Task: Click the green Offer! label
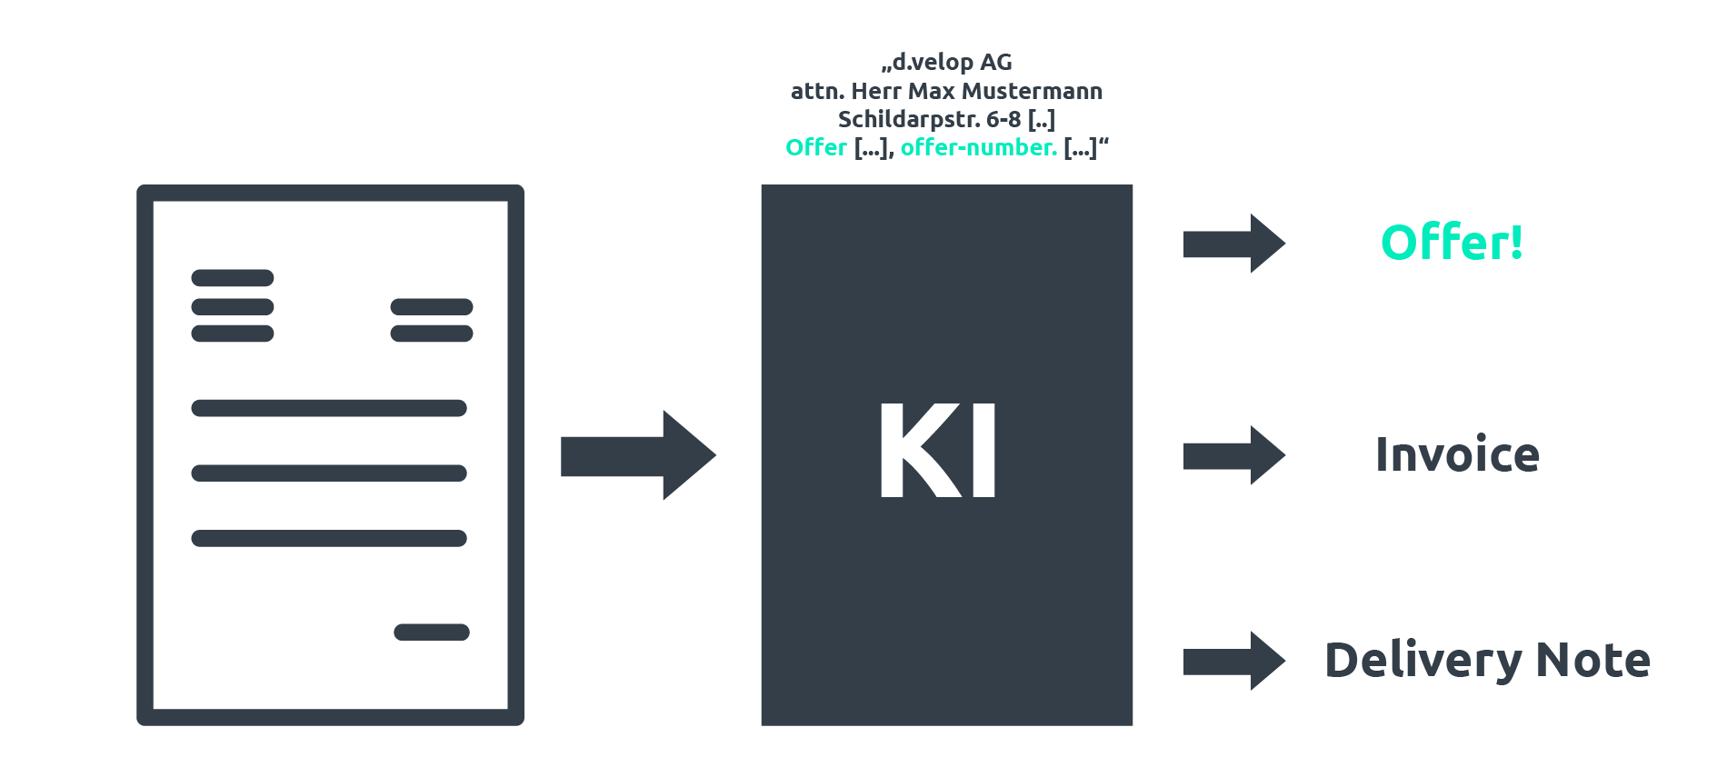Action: click(x=1452, y=243)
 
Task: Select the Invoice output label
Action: click(x=1457, y=454)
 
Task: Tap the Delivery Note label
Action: click(x=1487, y=661)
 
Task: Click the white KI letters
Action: click(x=938, y=451)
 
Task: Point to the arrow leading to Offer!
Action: click(x=1234, y=244)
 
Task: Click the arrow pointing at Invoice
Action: click(x=1234, y=455)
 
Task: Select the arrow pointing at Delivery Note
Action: click(x=1234, y=661)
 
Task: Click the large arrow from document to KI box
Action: click(x=638, y=455)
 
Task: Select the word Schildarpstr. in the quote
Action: click(x=909, y=120)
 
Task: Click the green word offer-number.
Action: click(x=979, y=147)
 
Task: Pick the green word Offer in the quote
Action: click(x=816, y=147)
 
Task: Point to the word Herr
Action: click(x=876, y=91)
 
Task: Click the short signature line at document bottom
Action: click(x=432, y=633)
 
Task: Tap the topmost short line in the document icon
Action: click(x=233, y=278)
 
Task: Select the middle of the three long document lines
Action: click(x=329, y=473)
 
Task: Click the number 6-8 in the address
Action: click(x=1004, y=120)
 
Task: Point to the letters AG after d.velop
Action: click(x=996, y=63)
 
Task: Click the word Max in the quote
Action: click(x=932, y=91)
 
